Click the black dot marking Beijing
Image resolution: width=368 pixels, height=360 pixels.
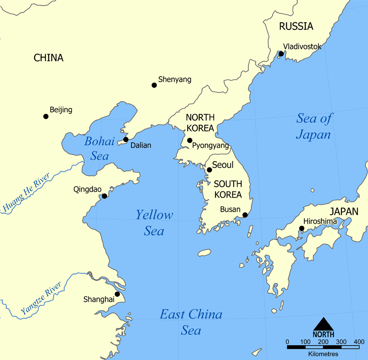pos(46,116)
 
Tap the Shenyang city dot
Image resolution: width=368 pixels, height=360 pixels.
pos(154,85)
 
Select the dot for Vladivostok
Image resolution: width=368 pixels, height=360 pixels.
pos(281,54)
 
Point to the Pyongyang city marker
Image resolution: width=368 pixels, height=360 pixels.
pos(190,140)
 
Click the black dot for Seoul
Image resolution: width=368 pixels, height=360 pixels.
pos(209,170)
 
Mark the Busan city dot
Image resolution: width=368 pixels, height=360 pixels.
pos(245,215)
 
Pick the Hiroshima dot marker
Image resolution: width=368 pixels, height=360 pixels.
pos(302,228)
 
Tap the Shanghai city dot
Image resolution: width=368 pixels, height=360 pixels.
pos(117,294)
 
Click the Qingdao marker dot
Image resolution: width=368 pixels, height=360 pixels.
pos(105,196)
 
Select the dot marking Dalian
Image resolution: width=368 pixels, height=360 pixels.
pos(126,140)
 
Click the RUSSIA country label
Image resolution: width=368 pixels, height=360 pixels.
pos(296,27)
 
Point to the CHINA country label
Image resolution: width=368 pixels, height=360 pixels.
pos(48,58)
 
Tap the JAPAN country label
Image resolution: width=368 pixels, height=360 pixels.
pos(344,212)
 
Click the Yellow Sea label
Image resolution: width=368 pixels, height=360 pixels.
pos(154,222)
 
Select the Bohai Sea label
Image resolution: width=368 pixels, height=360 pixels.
pos(99,148)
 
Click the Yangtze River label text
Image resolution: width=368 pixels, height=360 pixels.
pos(41,299)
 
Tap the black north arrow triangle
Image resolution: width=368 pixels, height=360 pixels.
pos(323,324)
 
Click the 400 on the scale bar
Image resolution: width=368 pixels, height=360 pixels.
pos(359,342)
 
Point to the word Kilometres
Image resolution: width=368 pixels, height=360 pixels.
pos(323,354)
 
